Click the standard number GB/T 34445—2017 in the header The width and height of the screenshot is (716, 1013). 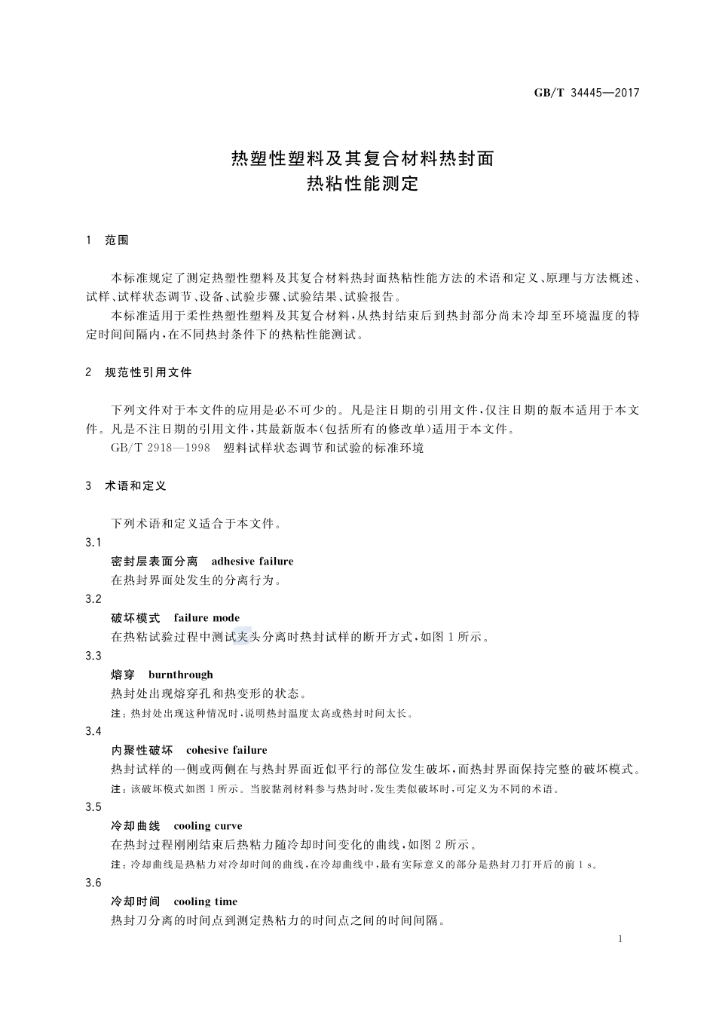[586, 93]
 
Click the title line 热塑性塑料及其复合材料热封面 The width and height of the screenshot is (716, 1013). [362, 158]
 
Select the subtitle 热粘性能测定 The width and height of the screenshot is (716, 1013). [362, 184]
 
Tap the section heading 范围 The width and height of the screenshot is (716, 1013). [117, 240]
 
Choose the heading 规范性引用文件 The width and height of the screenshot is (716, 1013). [148, 372]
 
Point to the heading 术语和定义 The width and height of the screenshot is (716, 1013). [136, 486]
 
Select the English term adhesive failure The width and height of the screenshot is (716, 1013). [252, 562]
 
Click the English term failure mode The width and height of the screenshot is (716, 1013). [207, 618]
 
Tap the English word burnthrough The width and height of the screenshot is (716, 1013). [181, 675]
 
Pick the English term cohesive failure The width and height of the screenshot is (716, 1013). [227, 750]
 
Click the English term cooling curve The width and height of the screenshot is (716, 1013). [208, 826]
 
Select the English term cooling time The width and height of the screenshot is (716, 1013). [205, 901]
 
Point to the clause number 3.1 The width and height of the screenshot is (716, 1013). [93, 543]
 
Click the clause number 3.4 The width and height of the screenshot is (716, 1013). [93, 731]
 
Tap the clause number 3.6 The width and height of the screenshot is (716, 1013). [93, 883]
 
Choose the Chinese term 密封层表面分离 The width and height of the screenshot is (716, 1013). [154, 562]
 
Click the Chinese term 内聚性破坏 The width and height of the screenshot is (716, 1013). [142, 750]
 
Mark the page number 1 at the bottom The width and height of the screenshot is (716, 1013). [620, 939]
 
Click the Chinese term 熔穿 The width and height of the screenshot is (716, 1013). [123, 675]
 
